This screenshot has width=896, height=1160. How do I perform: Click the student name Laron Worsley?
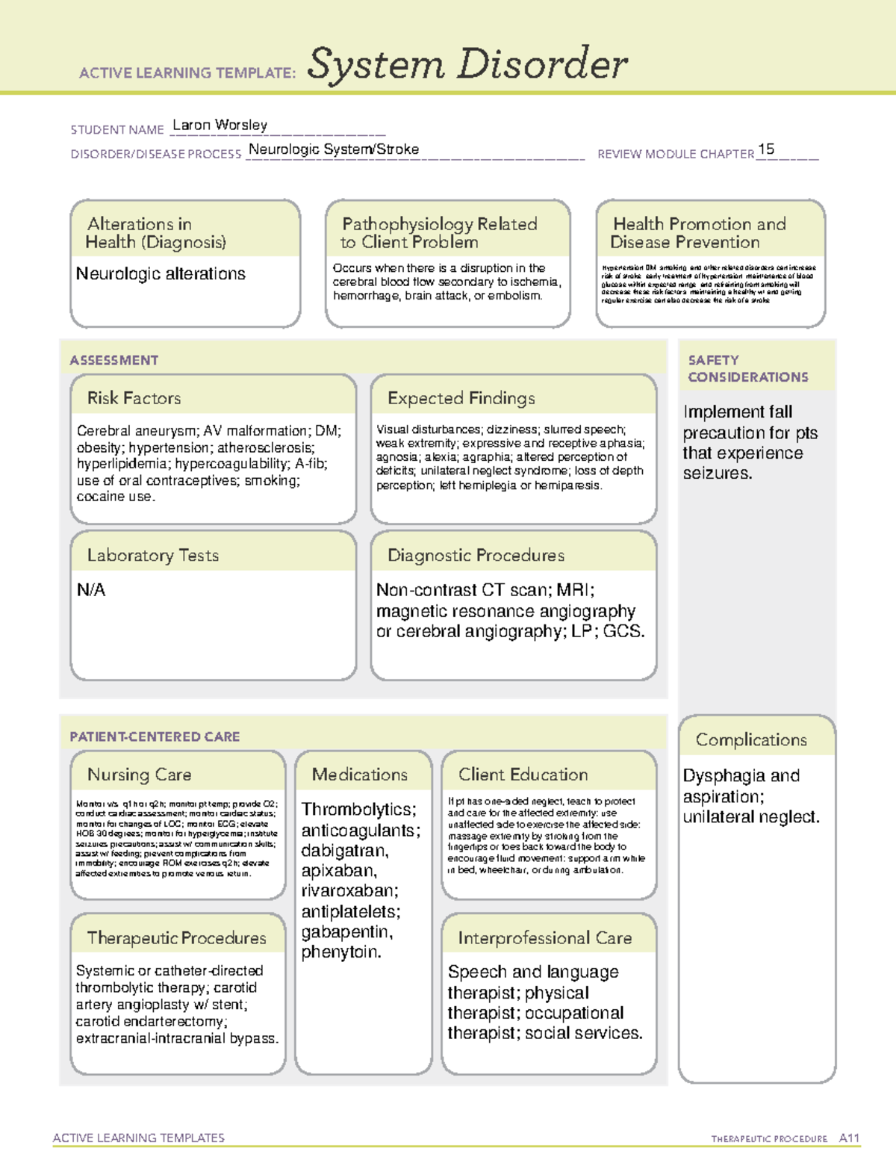point(220,125)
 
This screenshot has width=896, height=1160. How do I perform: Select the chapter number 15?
point(766,149)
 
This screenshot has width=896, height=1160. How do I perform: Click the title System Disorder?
point(467,64)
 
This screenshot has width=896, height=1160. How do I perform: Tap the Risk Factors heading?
point(134,398)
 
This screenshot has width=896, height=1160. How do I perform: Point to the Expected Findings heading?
point(461,398)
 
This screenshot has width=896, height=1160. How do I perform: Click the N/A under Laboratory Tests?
point(91,590)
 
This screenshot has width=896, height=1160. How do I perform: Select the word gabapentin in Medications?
point(346,932)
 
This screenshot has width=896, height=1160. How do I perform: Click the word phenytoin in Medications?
point(340,952)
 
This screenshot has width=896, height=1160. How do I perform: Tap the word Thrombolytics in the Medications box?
point(358,810)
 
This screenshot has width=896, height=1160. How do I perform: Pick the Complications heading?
point(751,739)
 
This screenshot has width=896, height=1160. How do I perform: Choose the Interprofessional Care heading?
point(545,938)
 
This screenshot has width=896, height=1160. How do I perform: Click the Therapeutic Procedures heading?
point(177,938)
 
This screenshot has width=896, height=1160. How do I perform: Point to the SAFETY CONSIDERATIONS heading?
point(747,368)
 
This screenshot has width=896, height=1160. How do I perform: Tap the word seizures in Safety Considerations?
point(716,474)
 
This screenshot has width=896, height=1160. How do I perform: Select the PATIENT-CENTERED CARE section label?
point(155,736)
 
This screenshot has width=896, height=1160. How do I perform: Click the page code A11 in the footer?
point(849,1138)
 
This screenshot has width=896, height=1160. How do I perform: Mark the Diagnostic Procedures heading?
point(476,555)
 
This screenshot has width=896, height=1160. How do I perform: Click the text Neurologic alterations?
point(161,274)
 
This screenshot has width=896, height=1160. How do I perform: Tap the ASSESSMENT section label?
point(114,360)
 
